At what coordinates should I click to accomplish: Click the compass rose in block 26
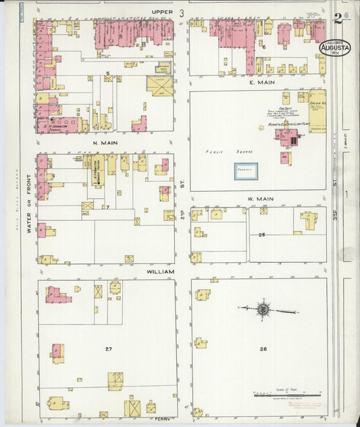[263, 309]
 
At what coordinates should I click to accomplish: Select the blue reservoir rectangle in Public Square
[247, 172]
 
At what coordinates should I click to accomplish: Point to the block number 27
[108, 349]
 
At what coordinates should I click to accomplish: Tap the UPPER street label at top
[162, 11]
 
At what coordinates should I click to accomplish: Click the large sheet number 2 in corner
[338, 18]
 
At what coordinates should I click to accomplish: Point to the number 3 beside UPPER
[181, 13]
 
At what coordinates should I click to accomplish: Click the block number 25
[261, 234]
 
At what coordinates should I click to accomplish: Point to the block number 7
[106, 207]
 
